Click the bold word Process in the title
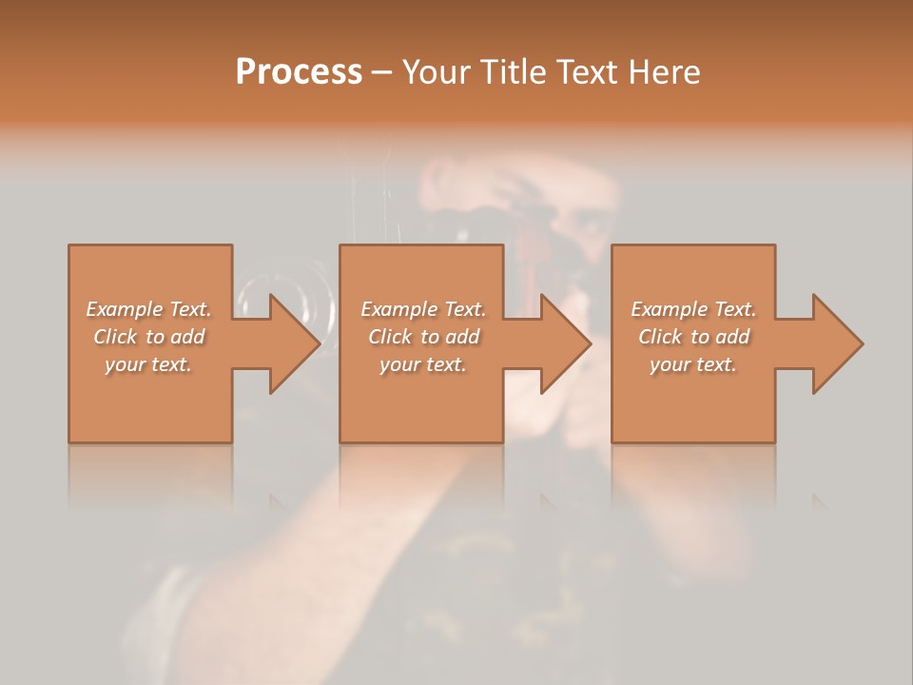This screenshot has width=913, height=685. [x=299, y=72]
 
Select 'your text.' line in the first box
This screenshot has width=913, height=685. [x=148, y=364]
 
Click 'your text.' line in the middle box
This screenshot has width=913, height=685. [x=422, y=364]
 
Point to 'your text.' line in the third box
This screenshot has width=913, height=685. [x=693, y=364]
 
